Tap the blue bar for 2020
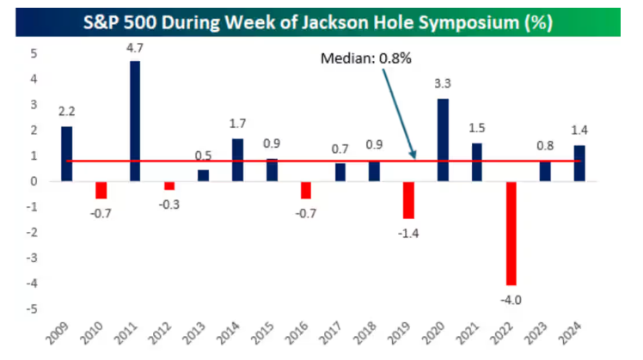pos(444,140)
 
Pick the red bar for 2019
pos(409,200)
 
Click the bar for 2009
pos(67,154)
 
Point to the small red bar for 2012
pos(169,186)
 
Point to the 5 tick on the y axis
pos(34,53)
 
